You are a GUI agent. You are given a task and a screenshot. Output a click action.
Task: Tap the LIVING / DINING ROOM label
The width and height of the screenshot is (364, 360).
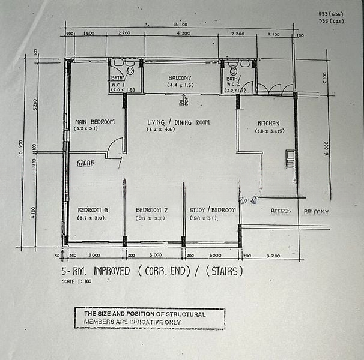(178, 122)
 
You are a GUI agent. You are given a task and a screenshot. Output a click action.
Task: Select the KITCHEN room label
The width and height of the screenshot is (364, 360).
(268, 123)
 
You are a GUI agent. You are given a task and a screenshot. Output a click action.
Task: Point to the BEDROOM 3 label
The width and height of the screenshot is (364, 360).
(93, 210)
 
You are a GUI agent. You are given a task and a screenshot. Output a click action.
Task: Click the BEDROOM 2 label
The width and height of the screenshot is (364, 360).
(151, 210)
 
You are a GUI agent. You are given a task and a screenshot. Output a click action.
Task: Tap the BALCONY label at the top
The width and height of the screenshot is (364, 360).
(180, 78)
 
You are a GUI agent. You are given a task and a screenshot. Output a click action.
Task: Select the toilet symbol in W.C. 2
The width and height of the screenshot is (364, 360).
(233, 70)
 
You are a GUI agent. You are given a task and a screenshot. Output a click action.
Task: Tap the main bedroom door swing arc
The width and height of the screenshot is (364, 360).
(115, 147)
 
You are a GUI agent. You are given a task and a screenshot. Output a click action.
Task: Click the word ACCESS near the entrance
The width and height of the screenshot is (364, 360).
(281, 211)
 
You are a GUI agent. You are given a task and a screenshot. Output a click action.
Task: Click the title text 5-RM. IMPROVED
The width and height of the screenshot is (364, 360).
(96, 271)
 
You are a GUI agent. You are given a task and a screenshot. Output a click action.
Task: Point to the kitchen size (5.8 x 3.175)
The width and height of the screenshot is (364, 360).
(270, 131)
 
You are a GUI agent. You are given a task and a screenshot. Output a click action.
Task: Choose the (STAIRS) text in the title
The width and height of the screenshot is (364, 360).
(225, 271)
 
